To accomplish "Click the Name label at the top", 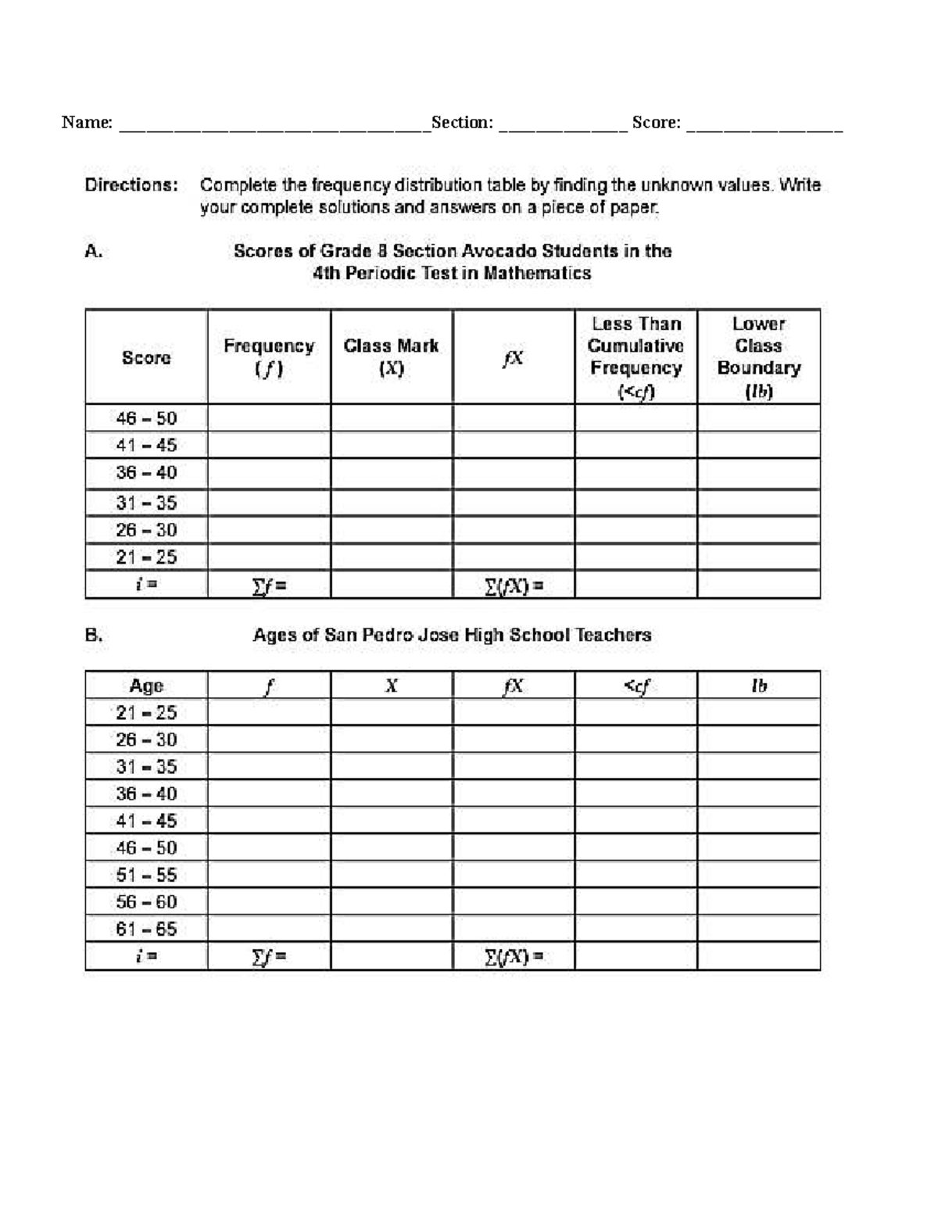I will (x=87, y=122).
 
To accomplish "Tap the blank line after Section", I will (x=562, y=125).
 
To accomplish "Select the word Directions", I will (x=131, y=185).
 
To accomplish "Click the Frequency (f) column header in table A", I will (x=269, y=356).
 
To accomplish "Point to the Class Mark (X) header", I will (x=391, y=356).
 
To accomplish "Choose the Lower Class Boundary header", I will (x=758, y=356).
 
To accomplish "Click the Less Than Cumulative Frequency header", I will (x=635, y=356).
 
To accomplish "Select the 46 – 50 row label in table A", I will (x=146, y=418).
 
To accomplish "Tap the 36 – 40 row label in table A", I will (x=146, y=473).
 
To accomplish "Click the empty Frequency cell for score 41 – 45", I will (x=269, y=446).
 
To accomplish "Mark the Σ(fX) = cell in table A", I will (x=514, y=586).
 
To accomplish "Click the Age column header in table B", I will (x=146, y=686).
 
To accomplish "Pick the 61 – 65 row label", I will (x=146, y=929).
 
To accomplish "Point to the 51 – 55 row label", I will (x=146, y=875).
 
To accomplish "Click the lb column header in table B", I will (x=758, y=686).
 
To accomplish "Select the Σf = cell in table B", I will (x=269, y=956).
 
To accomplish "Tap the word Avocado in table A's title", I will (x=500, y=251).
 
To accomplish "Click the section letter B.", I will (x=94, y=635).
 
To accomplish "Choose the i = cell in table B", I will (x=146, y=956).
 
